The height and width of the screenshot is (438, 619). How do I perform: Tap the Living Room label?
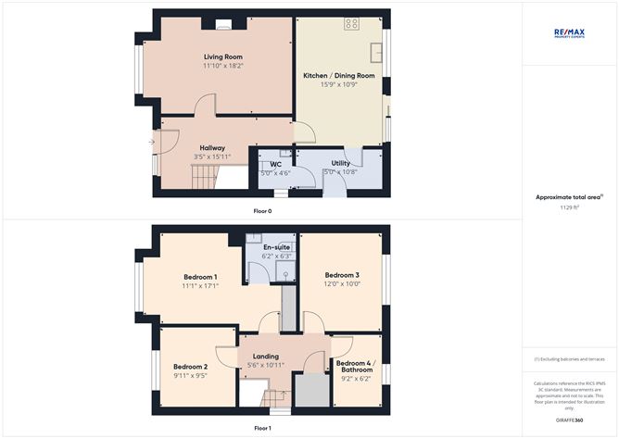click(x=217, y=56)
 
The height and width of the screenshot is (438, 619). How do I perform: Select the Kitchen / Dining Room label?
click(x=338, y=74)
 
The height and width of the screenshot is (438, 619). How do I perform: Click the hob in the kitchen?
click(x=352, y=23)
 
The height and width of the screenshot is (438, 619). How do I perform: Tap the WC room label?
click(x=275, y=163)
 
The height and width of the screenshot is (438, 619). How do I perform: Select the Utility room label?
click(x=340, y=162)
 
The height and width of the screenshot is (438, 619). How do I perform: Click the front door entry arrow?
click(x=152, y=142)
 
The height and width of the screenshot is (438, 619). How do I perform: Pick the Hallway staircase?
click(x=202, y=175)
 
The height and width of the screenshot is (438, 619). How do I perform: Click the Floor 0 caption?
click(x=262, y=211)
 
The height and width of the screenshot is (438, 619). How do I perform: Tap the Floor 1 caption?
click(x=262, y=429)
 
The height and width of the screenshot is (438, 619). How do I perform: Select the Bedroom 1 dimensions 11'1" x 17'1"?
click(x=200, y=286)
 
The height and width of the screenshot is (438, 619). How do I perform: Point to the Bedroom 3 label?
click(x=341, y=275)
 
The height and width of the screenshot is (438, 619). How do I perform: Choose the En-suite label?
click(x=276, y=247)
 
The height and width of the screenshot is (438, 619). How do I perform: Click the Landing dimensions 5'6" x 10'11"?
click(x=265, y=366)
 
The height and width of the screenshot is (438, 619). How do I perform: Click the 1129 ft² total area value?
click(x=569, y=208)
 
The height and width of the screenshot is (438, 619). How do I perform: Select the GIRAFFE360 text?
click(x=569, y=420)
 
